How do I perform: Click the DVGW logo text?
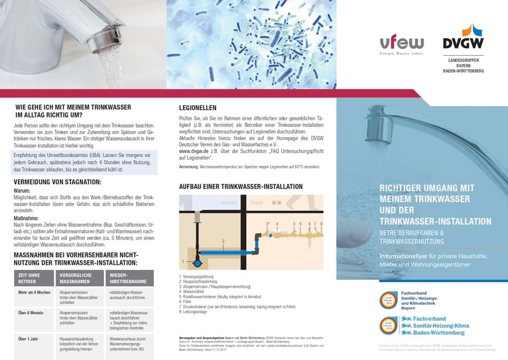click(463, 43)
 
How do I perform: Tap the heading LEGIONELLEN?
click(198, 108)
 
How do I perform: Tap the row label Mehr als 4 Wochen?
click(35, 293)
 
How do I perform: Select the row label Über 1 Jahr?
click(29, 339)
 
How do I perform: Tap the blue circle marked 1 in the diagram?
click(197, 263)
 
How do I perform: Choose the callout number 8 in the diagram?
click(322, 223)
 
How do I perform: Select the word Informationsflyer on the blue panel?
click(402, 256)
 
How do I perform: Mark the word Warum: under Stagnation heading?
click(22, 190)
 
